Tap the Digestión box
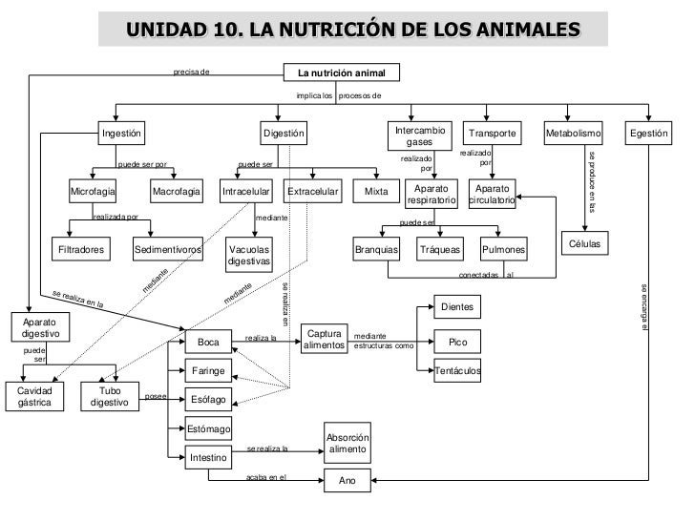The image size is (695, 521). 284,134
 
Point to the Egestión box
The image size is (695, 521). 648,134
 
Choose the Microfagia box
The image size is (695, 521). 93,192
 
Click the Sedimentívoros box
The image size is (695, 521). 168,250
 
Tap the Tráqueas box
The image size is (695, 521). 440,250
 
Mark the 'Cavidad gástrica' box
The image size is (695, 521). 33,397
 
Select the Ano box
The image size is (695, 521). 347,482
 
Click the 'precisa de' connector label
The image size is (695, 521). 191,71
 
